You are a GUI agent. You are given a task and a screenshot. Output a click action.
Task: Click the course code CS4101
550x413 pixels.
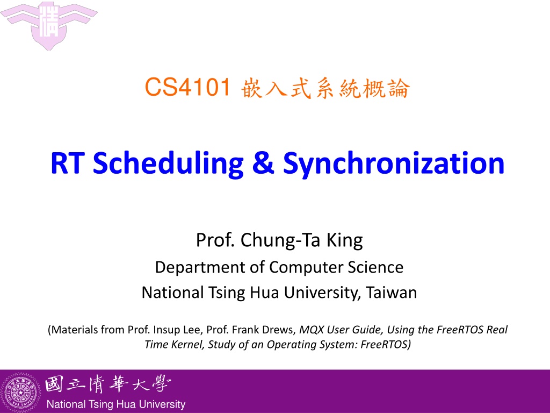(x=187, y=87)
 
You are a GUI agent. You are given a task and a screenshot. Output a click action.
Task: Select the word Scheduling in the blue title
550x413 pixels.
(x=168, y=163)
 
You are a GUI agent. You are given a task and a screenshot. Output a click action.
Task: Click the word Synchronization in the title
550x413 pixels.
(x=394, y=163)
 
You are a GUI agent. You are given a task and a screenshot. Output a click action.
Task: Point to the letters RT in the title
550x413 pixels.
(x=67, y=163)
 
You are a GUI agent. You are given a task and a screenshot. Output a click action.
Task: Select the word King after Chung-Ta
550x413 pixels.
(x=344, y=241)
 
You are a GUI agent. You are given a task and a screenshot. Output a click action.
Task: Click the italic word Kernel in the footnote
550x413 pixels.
(x=188, y=344)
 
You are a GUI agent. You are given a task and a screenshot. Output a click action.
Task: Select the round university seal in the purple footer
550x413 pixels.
(x=21, y=392)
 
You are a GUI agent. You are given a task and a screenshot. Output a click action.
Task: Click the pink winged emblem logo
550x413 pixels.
(x=49, y=25)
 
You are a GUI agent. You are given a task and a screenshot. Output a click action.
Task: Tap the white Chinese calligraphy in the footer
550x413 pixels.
(x=108, y=384)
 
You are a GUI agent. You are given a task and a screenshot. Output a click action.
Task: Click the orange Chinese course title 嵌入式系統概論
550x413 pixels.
(x=325, y=88)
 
